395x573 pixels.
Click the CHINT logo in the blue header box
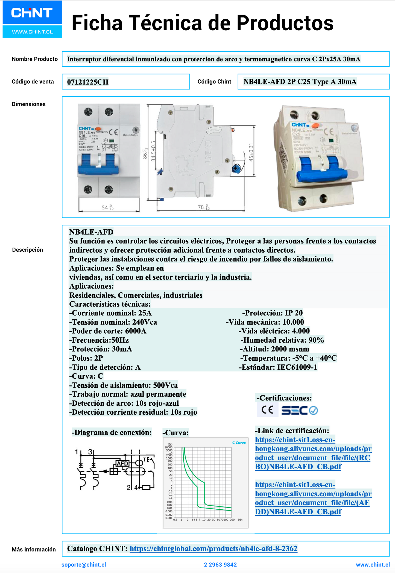click(x=32, y=13)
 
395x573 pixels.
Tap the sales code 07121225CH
click(x=88, y=82)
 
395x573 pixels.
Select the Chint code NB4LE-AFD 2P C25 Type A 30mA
click(x=300, y=82)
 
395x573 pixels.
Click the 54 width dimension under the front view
click(x=107, y=208)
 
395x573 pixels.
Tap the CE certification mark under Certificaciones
click(x=267, y=410)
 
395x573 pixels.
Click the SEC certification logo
click(x=299, y=410)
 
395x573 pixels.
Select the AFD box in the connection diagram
click(x=122, y=464)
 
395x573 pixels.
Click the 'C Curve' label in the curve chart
click(x=239, y=443)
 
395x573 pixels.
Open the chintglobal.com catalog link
click(x=213, y=548)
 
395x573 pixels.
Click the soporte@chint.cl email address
click(x=84, y=565)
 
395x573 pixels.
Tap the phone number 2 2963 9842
click(x=220, y=565)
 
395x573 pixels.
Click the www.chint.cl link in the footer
click(x=373, y=565)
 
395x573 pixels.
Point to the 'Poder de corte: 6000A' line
click(x=108, y=331)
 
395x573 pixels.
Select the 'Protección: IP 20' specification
click(x=272, y=313)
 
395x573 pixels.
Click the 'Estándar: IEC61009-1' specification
click(x=278, y=367)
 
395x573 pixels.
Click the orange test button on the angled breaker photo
click(x=316, y=126)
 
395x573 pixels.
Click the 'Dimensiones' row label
click(x=28, y=104)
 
